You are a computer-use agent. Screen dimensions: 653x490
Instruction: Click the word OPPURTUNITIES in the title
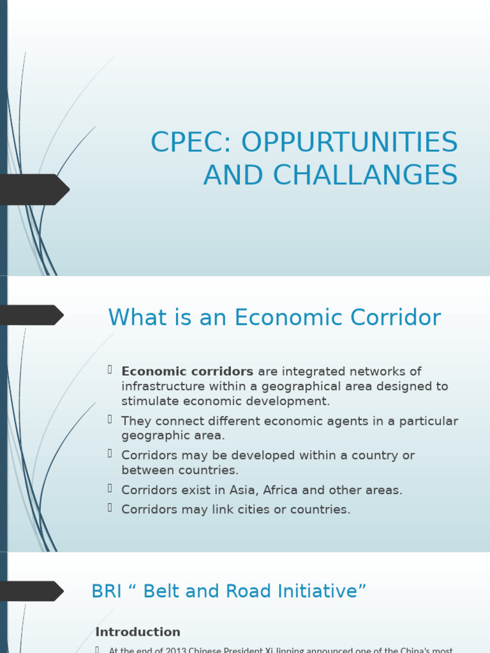click(x=350, y=142)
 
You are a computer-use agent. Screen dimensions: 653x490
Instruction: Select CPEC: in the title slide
click(x=189, y=142)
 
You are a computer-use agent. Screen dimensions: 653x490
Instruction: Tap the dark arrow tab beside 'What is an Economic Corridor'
click(x=31, y=315)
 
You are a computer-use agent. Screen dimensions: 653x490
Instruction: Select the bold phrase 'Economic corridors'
click(x=188, y=371)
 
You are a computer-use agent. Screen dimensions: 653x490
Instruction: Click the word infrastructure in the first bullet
click(x=166, y=386)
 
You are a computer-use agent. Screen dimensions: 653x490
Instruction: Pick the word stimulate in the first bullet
click(x=151, y=401)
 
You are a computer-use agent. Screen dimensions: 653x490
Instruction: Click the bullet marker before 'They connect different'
click(x=110, y=419)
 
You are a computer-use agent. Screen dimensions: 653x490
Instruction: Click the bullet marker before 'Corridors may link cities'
click(x=110, y=508)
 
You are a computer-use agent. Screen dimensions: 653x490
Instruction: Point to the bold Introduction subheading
click(x=138, y=632)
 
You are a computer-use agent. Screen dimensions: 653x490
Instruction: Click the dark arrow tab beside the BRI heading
click(x=31, y=591)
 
